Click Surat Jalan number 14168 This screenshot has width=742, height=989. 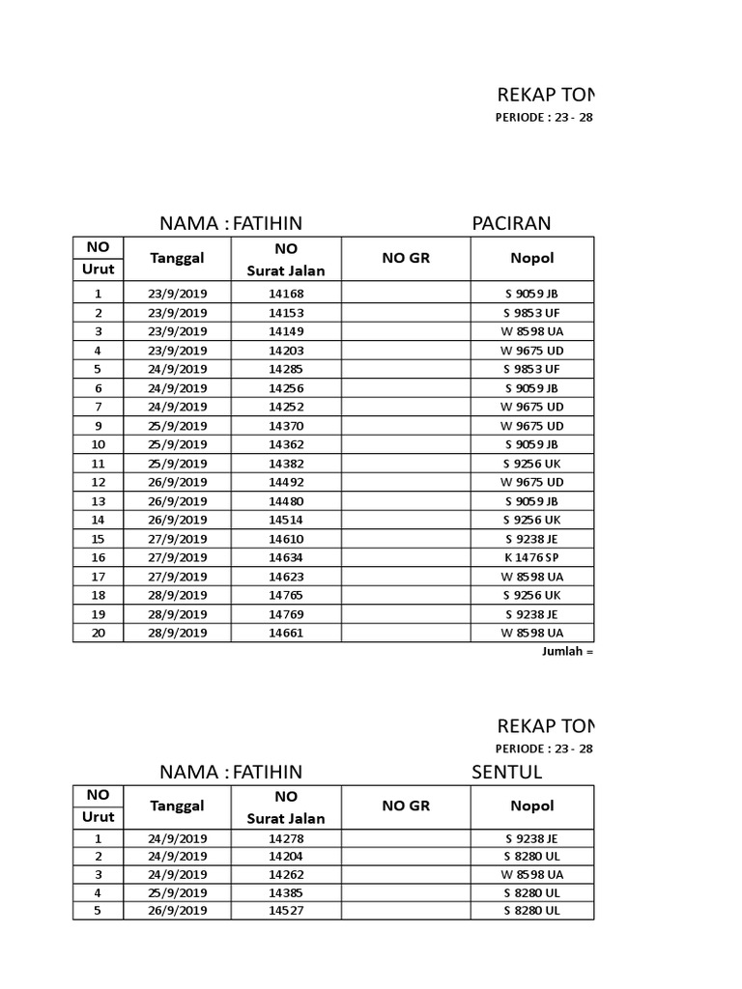(286, 294)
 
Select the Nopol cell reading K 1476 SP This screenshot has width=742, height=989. (531, 557)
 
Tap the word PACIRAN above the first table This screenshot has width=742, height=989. (511, 224)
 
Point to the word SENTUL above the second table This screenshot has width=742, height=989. (506, 772)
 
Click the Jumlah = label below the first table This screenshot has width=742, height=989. (566, 652)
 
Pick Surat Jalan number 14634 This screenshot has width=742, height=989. (286, 557)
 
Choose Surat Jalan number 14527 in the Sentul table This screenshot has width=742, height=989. (286, 911)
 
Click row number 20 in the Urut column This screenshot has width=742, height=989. (99, 633)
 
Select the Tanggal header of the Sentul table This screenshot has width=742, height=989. (177, 805)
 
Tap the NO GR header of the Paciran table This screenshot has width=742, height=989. (406, 258)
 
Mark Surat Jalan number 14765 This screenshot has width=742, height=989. (286, 595)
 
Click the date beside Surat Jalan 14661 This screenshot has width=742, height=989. (178, 633)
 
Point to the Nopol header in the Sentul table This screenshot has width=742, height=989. (531, 805)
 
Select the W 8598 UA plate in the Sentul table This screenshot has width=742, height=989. (531, 873)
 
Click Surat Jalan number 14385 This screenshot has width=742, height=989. (286, 892)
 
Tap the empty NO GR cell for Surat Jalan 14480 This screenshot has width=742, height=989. (406, 501)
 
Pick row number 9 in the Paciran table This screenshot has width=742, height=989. (99, 426)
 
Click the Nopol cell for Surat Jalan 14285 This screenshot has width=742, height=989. (531, 369)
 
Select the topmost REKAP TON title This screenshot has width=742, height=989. (546, 95)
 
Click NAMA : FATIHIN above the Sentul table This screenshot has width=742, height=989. (231, 772)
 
